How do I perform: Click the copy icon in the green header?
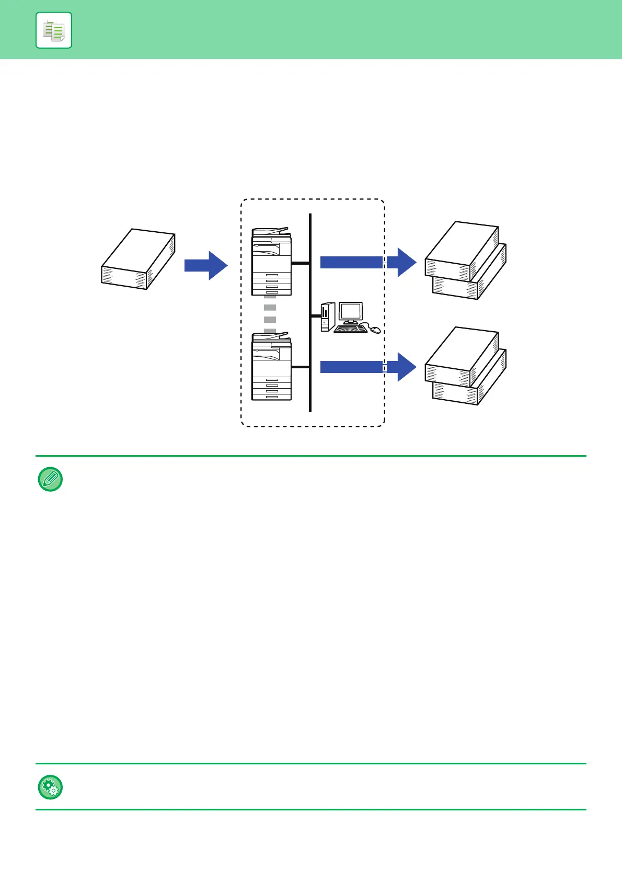54,30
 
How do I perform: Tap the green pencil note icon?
51,479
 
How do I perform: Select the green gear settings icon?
51,787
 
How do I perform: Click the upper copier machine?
271,262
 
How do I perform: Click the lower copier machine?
271,366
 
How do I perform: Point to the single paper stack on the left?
138,259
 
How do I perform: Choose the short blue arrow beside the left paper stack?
206,266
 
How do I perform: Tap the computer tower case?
327,317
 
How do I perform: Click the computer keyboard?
350,329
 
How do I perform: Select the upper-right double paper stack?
466,260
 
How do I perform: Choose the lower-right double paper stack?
466,366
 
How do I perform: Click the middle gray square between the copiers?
270,319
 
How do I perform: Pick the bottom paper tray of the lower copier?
272,397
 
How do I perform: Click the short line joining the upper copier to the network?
301,263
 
